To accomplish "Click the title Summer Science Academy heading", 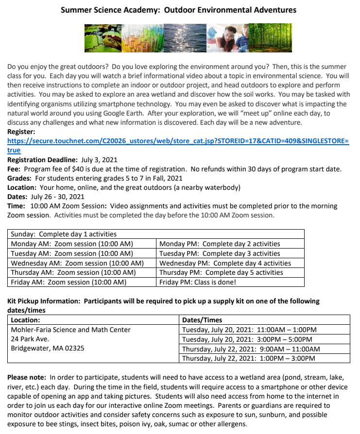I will coord(178,10).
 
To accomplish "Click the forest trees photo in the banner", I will coord(270,38).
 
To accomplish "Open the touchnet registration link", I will coord(178,141).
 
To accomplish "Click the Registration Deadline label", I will coord(42,160).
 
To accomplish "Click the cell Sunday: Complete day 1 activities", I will coord(64,234).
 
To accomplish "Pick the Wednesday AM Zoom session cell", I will coord(77,263).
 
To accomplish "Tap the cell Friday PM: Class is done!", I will coord(198,282).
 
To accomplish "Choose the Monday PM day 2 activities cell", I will coord(220,244).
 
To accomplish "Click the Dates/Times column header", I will coord(202,320).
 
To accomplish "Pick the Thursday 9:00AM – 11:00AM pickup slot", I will coord(251,349).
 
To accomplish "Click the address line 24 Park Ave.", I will coord(30,339).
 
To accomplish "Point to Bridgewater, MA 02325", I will coord(48,348).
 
